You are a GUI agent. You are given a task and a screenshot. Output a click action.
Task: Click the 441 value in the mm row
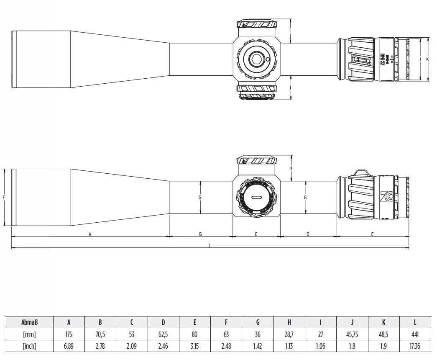pos(415,334)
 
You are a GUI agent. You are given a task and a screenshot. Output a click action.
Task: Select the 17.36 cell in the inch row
pos(415,346)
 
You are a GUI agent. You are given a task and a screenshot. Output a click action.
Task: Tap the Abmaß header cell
pos(30,322)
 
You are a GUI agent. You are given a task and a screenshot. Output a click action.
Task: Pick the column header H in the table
pos(289,322)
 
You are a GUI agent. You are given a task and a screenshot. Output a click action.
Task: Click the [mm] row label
pos(30,334)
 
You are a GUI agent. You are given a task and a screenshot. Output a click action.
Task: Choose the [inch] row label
pos(30,346)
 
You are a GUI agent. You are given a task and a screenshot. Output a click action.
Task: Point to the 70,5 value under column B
pos(100,334)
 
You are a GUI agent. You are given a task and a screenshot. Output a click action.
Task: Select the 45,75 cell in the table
pos(352,334)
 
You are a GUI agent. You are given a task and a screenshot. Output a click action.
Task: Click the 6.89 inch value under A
pos(69,346)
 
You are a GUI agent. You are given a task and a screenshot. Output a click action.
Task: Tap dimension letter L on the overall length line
pos(210,246)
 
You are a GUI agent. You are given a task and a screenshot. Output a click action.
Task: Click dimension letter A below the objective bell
pos(90,234)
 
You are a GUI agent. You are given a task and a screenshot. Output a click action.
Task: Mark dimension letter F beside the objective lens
pos(4,197)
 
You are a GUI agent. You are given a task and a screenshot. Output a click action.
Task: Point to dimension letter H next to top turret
pos(291,168)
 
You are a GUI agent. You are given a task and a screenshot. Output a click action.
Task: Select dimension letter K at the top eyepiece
pos(427,59)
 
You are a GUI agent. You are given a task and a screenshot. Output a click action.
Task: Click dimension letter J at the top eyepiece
pos(419,59)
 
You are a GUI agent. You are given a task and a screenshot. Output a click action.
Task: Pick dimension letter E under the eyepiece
pos(372,234)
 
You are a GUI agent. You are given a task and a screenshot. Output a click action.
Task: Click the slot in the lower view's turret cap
pos(256,197)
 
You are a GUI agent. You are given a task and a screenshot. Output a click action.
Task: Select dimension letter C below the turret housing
pos(256,234)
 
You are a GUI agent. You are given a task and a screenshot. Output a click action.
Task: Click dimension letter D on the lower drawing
pos(308,234)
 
